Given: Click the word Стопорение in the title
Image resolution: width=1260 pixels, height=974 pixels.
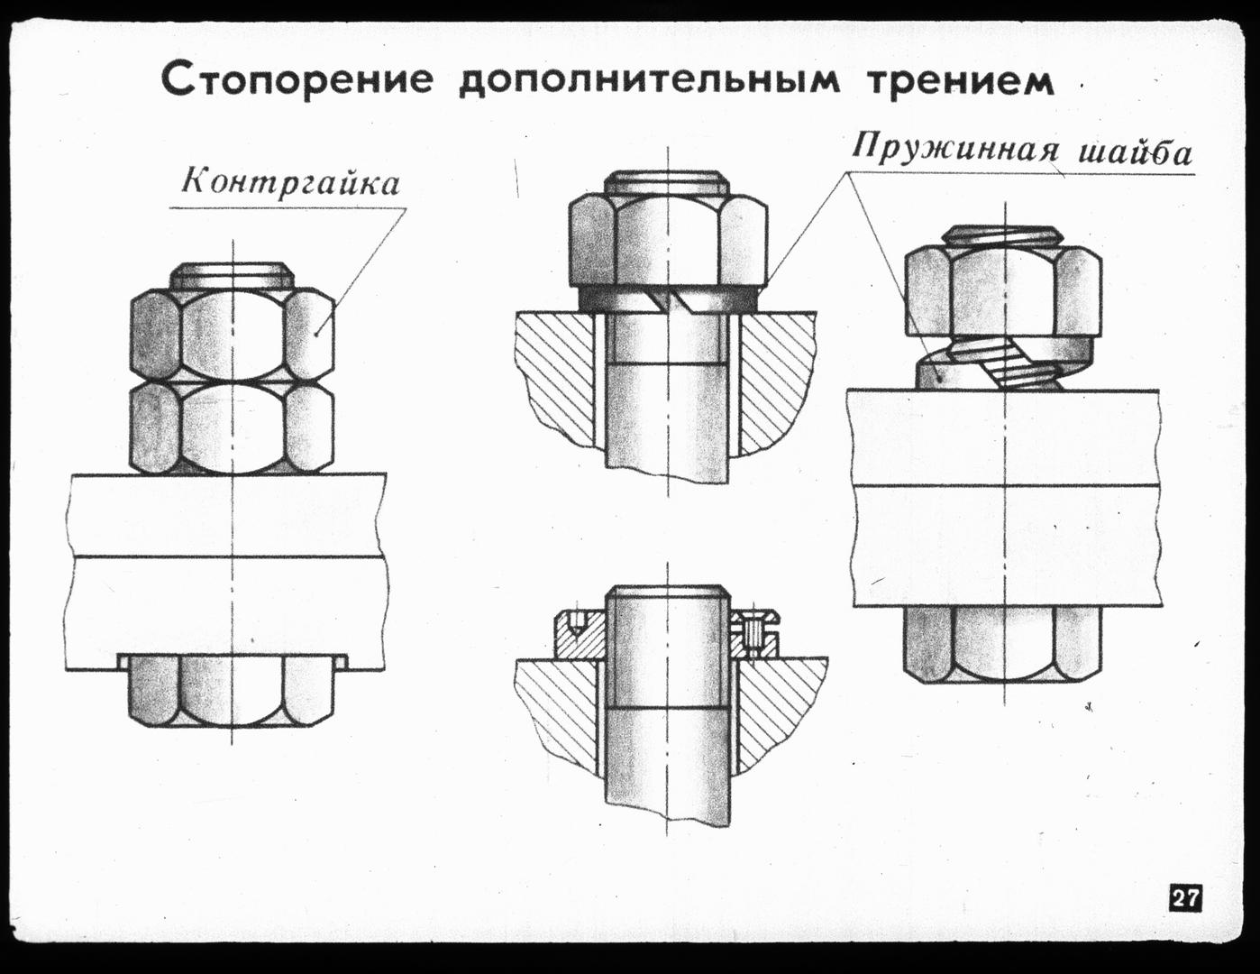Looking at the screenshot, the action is pyautogui.click(x=297, y=82).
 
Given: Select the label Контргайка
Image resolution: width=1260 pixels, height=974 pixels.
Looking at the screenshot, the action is pyautogui.click(x=291, y=182).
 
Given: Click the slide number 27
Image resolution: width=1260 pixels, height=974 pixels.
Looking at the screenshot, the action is pyautogui.click(x=1186, y=916).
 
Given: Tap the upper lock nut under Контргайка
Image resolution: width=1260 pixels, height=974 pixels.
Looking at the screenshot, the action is pyautogui.click(x=232, y=335).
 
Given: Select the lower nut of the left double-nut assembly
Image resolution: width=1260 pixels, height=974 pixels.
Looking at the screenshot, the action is pyautogui.click(x=232, y=427).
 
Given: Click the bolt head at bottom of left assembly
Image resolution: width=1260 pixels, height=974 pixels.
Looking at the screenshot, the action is pyautogui.click(x=232, y=690).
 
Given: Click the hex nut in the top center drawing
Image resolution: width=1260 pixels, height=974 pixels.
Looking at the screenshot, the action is pyautogui.click(x=668, y=241).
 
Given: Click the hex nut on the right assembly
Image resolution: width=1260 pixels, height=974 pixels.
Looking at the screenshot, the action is pyautogui.click(x=1003, y=291).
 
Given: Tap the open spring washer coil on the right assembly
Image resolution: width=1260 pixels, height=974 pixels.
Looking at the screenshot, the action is pyautogui.click(x=1003, y=363).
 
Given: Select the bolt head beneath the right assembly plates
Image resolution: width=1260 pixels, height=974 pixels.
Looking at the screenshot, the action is pyautogui.click(x=1002, y=645).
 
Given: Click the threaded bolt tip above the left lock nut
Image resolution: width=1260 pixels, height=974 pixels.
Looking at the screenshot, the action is pyautogui.click(x=232, y=276).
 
